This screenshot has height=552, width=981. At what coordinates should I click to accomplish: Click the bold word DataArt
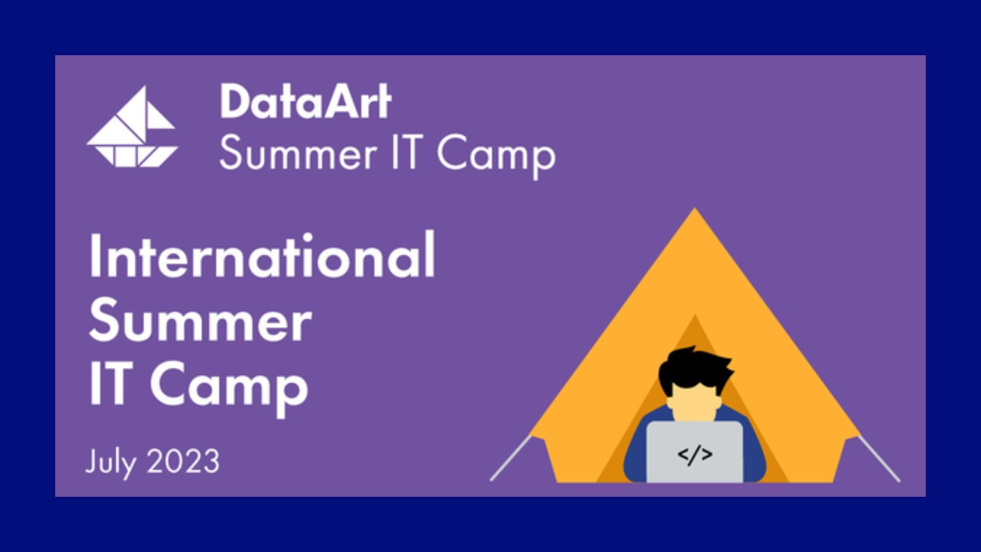[306, 102]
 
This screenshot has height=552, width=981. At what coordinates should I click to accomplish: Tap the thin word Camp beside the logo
[496, 156]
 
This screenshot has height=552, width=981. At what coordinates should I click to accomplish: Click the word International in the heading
[262, 255]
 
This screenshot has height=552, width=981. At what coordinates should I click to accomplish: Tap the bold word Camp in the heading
[229, 388]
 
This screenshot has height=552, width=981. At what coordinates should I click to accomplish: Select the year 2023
[183, 462]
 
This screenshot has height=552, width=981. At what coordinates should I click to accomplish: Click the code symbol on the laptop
[694, 454]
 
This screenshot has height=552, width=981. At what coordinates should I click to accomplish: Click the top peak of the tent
[695, 209]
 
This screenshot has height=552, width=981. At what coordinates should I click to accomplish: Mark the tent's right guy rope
[878, 458]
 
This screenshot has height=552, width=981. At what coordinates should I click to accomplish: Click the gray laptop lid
[694, 452]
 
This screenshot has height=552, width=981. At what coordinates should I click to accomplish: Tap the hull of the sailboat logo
[132, 156]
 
